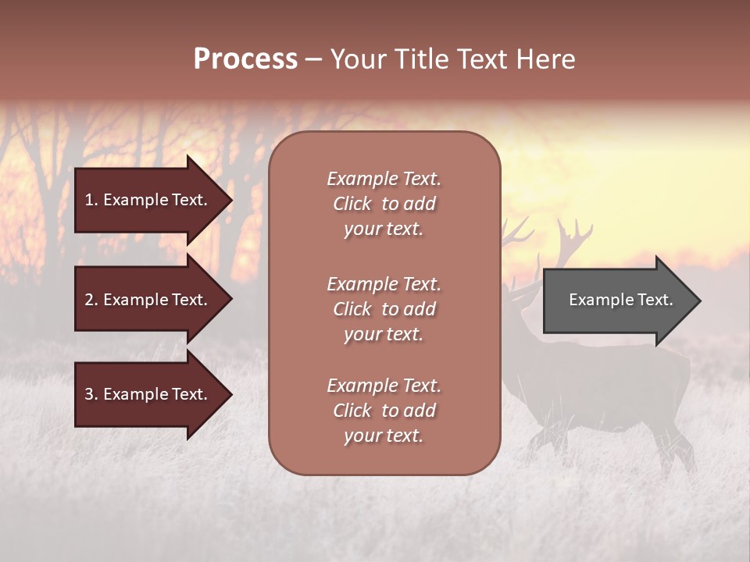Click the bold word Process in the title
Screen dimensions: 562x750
pyautogui.click(x=245, y=59)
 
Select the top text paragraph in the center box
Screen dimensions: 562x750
pyautogui.click(x=384, y=204)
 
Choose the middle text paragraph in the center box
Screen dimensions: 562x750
pyautogui.click(x=384, y=309)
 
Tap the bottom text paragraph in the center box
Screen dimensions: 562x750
pyautogui.click(x=384, y=411)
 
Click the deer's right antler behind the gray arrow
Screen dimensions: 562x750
pyautogui.click(x=574, y=238)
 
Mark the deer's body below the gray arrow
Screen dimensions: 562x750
pyautogui.click(x=609, y=382)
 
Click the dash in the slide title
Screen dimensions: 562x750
pyautogui.click(x=313, y=59)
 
